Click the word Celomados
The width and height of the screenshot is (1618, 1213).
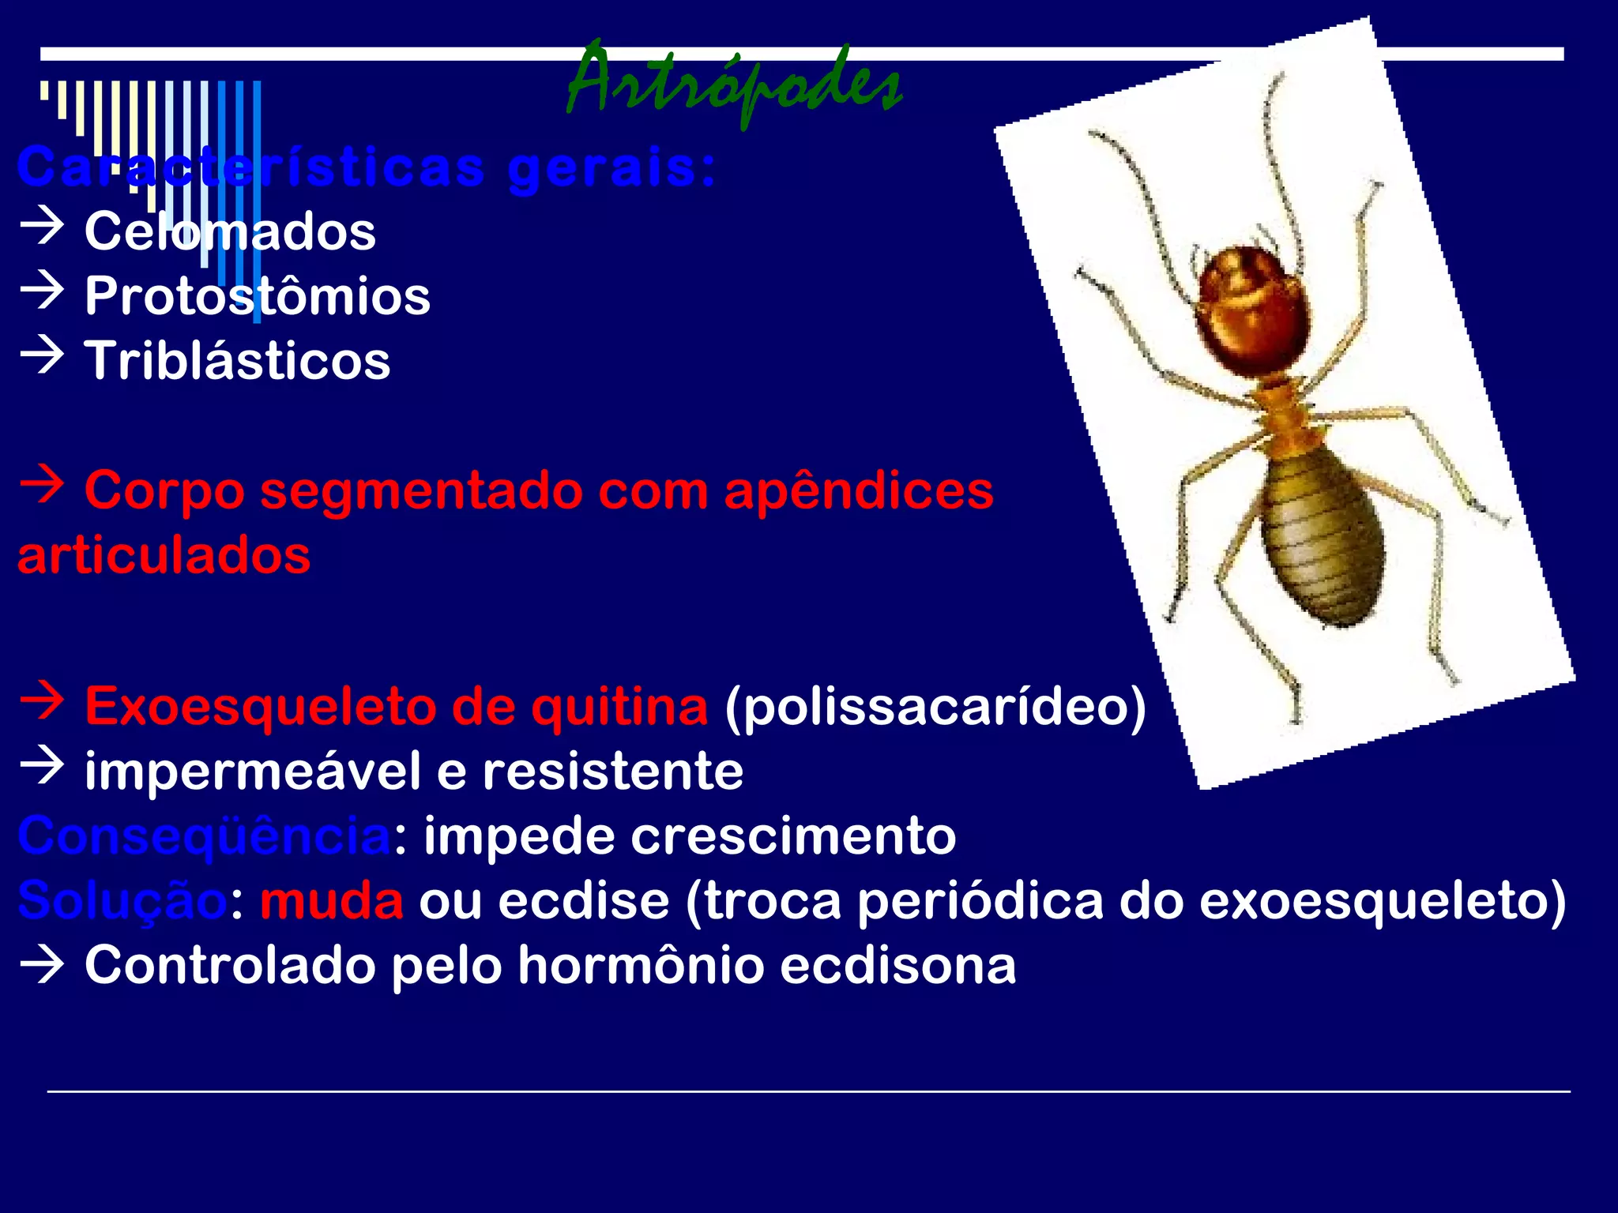[x=230, y=231]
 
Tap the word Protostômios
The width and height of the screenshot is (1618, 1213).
[x=258, y=296]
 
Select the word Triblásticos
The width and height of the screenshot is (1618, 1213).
[x=237, y=361]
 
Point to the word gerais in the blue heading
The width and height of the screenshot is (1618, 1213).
[x=611, y=168]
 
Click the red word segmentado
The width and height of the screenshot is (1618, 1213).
[x=422, y=491]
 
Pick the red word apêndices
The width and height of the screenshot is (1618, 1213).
[x=858, y=491]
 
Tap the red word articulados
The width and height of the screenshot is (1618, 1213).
[x=164, y=555]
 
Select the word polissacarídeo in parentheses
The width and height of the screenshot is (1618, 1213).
[x=935, y=707]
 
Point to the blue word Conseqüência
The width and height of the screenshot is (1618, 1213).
[x=205, y=836]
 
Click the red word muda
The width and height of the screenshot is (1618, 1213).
[x=332, y=901]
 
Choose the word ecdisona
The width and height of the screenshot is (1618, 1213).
[x=897, y=965]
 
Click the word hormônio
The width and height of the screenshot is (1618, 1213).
[x=641, y=965]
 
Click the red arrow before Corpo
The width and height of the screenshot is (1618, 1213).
[x=42, y=485]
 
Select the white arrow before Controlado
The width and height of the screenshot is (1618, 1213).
[x=42, y=964]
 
